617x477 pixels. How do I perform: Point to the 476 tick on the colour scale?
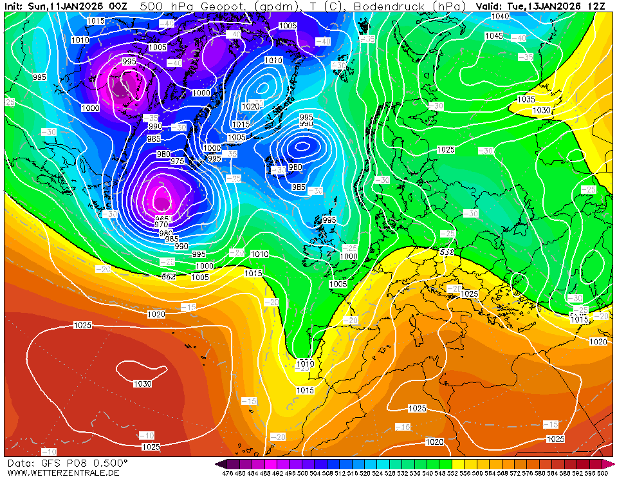(227, 473)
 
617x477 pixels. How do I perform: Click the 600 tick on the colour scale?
(602, 473)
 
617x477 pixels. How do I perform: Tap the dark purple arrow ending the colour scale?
(220, 464)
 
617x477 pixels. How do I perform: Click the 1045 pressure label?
(493, 36)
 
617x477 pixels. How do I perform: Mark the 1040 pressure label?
(500, 16)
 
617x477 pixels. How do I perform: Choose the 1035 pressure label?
(526, 100)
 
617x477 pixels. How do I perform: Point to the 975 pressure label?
(177, 161)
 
